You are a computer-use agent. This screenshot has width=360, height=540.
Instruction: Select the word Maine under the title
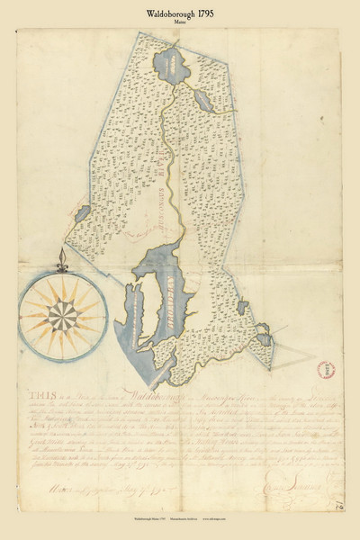pos(180,23)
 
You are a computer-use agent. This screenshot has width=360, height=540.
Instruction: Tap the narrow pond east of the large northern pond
pos(202,98)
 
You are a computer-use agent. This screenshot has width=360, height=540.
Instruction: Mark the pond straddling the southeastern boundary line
pos(265,339)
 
